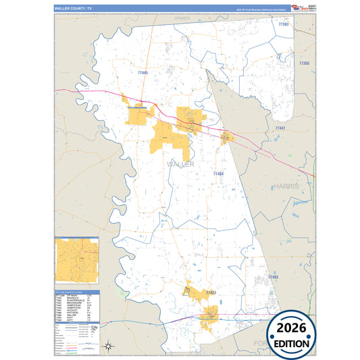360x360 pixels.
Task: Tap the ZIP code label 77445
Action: [143, 72]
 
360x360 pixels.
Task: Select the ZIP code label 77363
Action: [284, 24]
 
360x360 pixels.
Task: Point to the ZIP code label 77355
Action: [303, 63]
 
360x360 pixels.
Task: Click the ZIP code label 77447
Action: [280, 128]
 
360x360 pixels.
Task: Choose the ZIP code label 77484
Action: [218, 174]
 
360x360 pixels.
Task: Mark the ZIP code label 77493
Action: [274, 277]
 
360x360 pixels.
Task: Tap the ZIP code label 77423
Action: [210, 292]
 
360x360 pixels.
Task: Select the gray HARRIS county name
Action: [290, 185]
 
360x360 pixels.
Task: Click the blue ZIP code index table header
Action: [77, 292]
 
